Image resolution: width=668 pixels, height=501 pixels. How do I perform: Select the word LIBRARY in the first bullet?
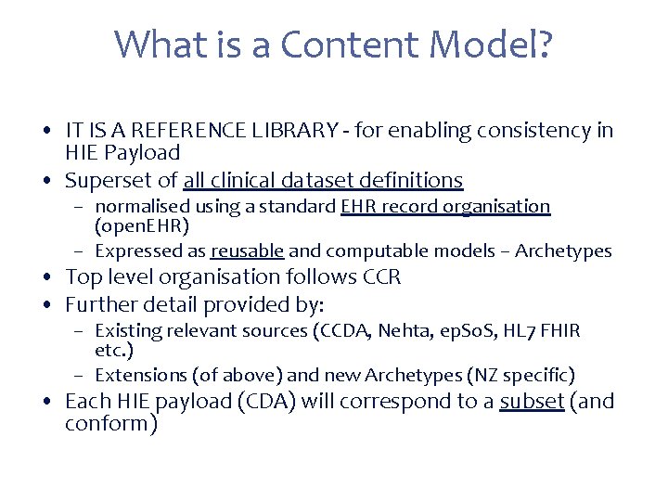click(296, 131)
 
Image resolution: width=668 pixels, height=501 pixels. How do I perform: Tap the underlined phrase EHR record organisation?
click(445, 206)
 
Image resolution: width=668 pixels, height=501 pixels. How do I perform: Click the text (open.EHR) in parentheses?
click(140, 225)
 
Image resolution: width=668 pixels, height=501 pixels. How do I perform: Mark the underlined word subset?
click(532, 403)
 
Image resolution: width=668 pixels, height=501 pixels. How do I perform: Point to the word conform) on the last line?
click(110, 424)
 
